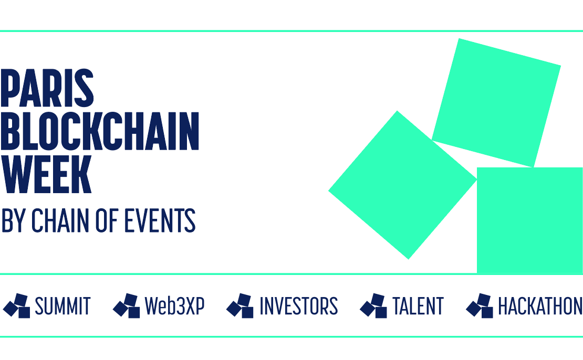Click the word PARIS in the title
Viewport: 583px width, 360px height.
[47, 88]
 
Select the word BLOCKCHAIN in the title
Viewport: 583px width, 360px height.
[100, 131]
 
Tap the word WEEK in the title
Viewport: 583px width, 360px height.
[46, 174]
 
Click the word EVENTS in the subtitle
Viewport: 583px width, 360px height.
[160, 220]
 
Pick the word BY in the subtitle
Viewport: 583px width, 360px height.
[14, 220]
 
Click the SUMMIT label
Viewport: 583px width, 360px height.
[63, 306]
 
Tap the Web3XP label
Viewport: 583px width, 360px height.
[174, 306]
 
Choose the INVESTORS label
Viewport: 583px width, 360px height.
[298, 306]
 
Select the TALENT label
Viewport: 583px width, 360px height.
[418, 306]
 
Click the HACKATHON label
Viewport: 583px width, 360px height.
[540, 306]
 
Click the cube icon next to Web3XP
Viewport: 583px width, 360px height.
[127, 306]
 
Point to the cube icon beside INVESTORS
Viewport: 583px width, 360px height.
[240, 306]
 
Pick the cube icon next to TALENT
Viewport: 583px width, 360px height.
[373, 306]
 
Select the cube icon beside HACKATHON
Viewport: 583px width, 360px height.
[480, 306]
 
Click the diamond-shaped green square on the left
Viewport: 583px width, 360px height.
[403, 185]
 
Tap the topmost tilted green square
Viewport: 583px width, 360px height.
[496, 103]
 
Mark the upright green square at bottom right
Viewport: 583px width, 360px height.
[530, 221]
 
